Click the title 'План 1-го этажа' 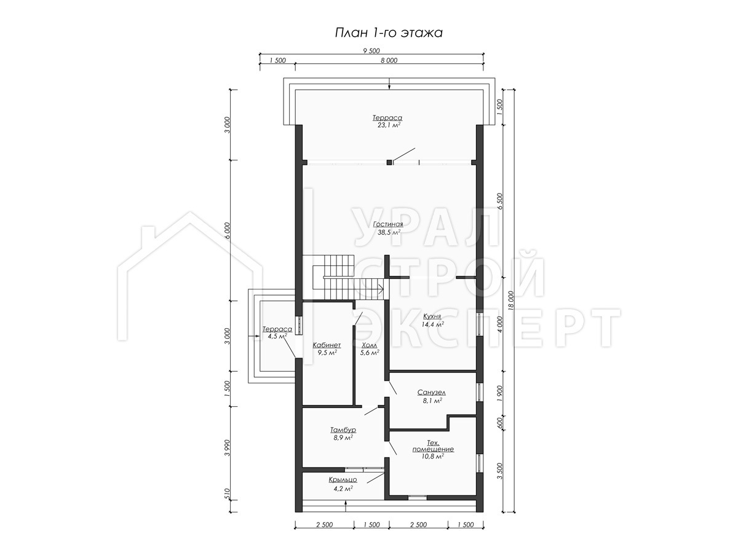pyautogui.click(x=388, y=33)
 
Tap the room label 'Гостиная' pyautogui.click(x=388, y=224)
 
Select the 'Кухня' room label pyautogui.click(x=432, y=316)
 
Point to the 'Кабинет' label pyautogui.click(x=327, y=345)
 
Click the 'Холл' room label pyautogui.click(x=370, y=345)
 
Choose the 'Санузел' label pyautogui.click(x=431, y=392)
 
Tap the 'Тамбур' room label pyautogui.click(x=343, y=429)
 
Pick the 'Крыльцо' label pyautogui.click(x=343, y=480)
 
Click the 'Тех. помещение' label pyautogui.click(x=433, y=445)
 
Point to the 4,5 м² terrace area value pyautogui.click(x=277, y=336)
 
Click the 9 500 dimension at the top pyautogui.click(x=371, y=51)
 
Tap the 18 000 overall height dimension pyautogui.click(x=511, y=300)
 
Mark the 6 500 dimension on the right pyautogui.click(x=500, y=201)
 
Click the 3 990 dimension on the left pyautogui.click(x=228, y=447)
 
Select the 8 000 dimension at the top pyautogui.click(x=389, y=60)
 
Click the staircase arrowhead pyautogui.click(x=381, y=288)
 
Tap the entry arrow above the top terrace pyautogui.click(x=389, y=84)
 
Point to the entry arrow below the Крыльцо pyautogui.click(x=346, y=514)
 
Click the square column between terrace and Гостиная pyautogui.click(x=389, y=162)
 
